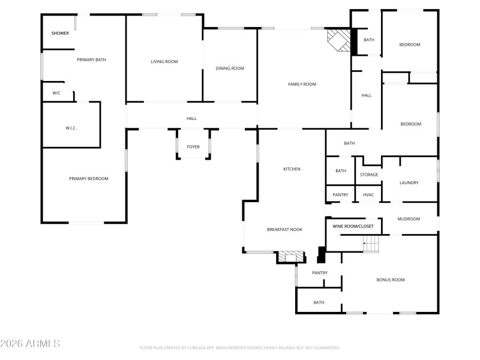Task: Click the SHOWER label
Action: pos(60,33)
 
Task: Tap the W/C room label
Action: pos(56,93)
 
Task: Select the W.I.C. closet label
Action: pos(71,128)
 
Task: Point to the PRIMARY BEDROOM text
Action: pos(88,179)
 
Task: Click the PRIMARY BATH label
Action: pos(91,59)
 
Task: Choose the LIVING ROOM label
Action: pos(164,61)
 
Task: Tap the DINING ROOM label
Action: pos(230,68)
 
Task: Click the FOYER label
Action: pos(193,146)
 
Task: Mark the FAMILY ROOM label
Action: pos(302,84)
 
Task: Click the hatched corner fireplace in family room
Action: pos(338,41)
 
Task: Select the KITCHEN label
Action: pos(292,169)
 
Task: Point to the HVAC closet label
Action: pos(368,195)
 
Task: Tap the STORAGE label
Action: pos(369,175)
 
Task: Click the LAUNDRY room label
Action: pos(409,182)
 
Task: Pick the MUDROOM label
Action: pos(409,219)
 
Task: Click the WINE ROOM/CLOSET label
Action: pos(353,226)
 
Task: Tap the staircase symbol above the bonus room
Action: pos(372,244)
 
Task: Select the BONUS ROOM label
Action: pos(390,280)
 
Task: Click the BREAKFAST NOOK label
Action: pos(284,230)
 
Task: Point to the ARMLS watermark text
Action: pos(30,344)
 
